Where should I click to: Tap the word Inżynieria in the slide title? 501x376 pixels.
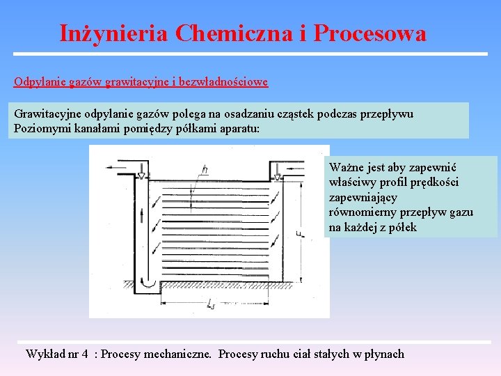coord(113,33)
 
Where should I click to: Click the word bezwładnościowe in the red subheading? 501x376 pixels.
coord(223,81)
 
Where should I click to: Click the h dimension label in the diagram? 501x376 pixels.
coord(205,169)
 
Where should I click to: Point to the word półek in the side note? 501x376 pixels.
coord(404,227)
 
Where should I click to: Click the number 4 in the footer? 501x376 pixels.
coord(85,354)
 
